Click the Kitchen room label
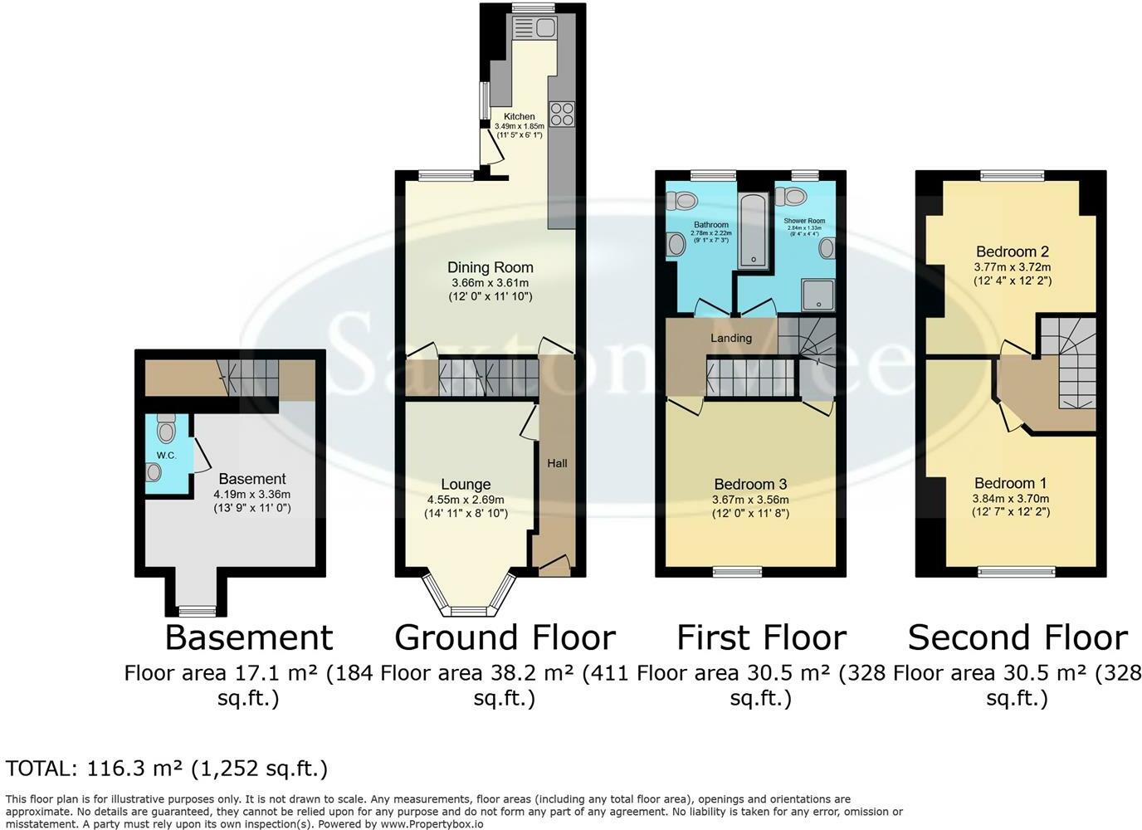click(x=520, y=116)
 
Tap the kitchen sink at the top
click(x=534, y=28)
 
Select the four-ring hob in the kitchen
click(x=562, y=113)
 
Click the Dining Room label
click(x=490, y=267)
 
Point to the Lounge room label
click(x=466, y=484)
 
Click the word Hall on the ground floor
click(x=557, y=463)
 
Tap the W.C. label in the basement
click(x=166, y=456)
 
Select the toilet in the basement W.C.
click(x=165, y=429)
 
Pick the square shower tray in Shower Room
click(x=818, y=293)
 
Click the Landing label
click(x=730, y=338)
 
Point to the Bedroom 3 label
click(x=750, y=484)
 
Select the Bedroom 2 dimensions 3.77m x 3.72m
click(x=1012, y=267)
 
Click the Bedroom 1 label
click(x=1010, y=483)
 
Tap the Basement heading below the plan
click(x=248, y=637)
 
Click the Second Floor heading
click(x=1017, y=637)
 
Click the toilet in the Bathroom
click(x=683, y=200)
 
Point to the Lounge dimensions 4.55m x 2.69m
click(x=466, y=500)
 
